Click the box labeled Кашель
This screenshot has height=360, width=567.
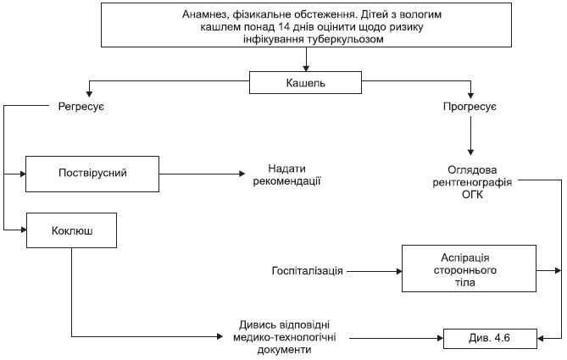(x=305, y=82)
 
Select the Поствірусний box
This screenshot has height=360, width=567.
(x=92, y=174)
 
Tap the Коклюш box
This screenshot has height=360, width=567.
(x=71, y=230)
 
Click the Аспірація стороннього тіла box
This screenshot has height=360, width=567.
(x=469, y=269)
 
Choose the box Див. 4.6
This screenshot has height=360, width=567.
(x=490, y=338)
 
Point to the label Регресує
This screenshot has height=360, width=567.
(x=81, y=107)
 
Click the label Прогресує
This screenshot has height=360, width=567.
(x=470, y=107)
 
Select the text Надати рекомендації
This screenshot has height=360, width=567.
(x=286, y=174)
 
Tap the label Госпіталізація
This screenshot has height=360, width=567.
(x=307, y=271)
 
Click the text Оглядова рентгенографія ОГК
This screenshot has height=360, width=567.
(x=472, y=182)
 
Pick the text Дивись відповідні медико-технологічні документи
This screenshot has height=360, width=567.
(x=284, y=337)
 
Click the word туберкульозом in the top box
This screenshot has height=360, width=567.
(x=345, y=39)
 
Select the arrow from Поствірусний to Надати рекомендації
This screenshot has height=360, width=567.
(x=202, y=174)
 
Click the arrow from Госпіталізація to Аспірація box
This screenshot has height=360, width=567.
(x=375, y=271)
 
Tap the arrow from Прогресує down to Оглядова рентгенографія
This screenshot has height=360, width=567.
(x=470, y=136)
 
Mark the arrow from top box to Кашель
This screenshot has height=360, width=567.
(x=306, y=59)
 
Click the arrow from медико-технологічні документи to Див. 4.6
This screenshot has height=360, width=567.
(x=397, y=338)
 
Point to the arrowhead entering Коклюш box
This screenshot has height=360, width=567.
(x=24, y=230)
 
